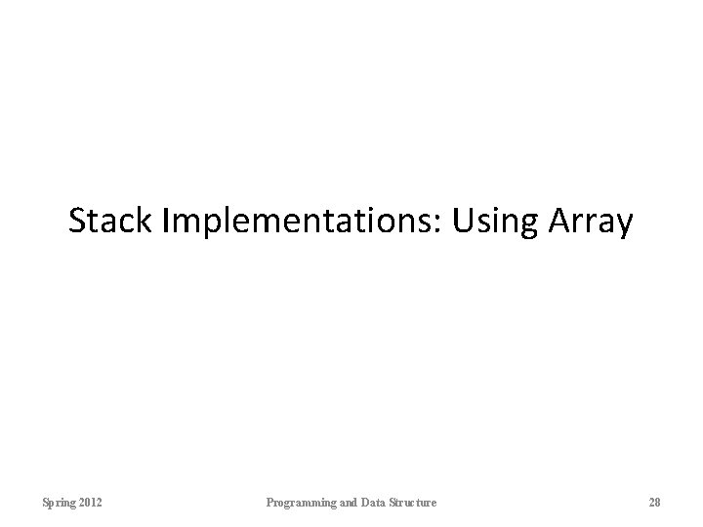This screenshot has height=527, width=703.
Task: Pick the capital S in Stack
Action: [78, 222]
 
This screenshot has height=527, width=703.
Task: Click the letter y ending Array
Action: [626, 226]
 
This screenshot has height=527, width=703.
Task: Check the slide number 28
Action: [654, 502]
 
